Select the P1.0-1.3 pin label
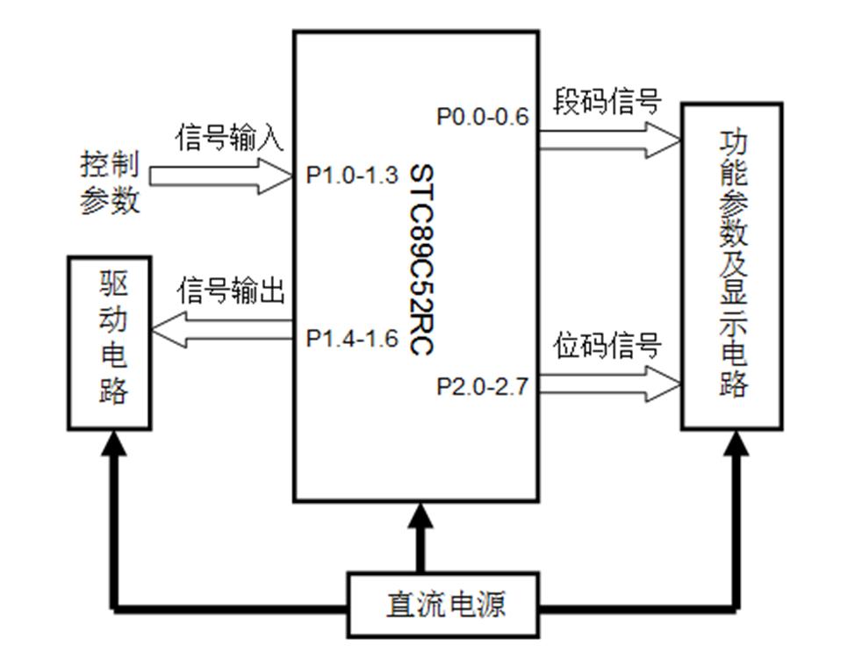click(x=345, y=176)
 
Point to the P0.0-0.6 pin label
click(x=483, y=116)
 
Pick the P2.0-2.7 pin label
click(x=483, y=386)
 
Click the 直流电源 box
click(x=446, y=606)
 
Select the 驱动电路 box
click(x=110, y=342)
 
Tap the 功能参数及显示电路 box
click(x=731, y=266)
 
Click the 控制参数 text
click(x=111, y=183)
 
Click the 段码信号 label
click(x=606, y=102)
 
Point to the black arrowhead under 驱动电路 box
click(x=111, y=446)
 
